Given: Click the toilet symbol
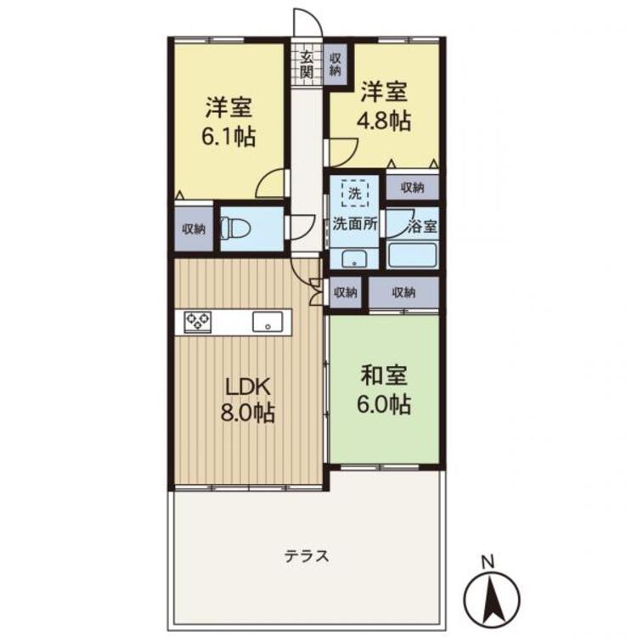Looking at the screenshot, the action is (235, 229).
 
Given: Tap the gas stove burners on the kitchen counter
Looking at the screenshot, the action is (198, 322).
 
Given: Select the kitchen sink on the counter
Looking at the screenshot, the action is (268, 322).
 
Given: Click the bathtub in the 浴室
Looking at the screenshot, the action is (412, 255).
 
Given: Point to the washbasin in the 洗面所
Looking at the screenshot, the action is (354, 258).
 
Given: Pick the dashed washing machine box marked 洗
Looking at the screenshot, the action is (355, 194).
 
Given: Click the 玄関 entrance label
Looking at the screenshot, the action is (307, 65).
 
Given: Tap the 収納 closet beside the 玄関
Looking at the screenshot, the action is (335, 65).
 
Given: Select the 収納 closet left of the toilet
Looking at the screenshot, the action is (194, 229).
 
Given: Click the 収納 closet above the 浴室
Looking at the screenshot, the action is (412, 188).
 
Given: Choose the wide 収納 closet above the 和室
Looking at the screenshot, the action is (403, 292).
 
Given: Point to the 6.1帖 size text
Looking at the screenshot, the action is (228, 137).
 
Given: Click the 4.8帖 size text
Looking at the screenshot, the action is (384, 121).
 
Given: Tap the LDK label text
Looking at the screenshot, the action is (248, 387).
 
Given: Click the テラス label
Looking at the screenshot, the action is (307, 555).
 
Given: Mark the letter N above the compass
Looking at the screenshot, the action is (488, 562).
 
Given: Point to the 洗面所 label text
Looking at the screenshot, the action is (355, 224).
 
